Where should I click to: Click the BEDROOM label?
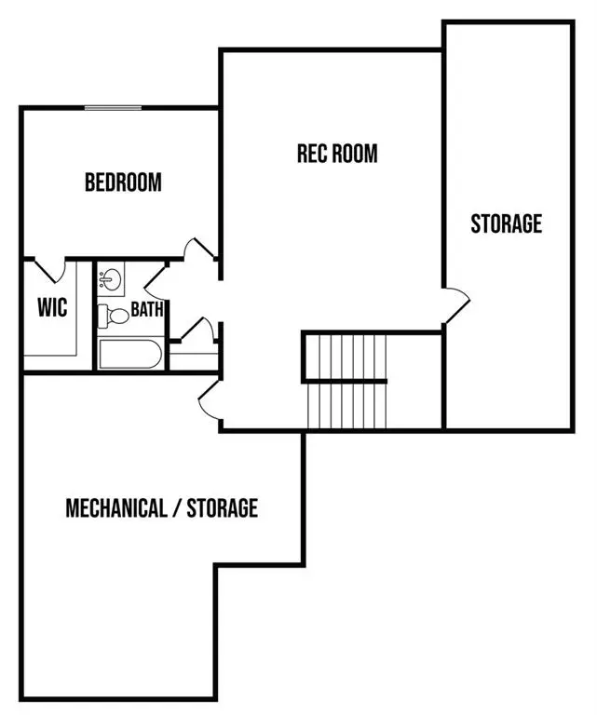coord(123,182)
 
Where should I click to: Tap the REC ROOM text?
coord(337,153)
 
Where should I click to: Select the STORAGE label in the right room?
coord(506,223)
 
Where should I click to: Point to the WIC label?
coord(52,307)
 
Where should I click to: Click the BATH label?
coord(147,309)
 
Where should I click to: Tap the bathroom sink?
coord(111,278)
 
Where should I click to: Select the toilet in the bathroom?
coord(114,315)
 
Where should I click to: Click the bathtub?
coord(129,355)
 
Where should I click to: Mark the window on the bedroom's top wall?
coord(114,108)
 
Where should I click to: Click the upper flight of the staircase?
coord(346,356)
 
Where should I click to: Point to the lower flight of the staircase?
coord(346,405)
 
